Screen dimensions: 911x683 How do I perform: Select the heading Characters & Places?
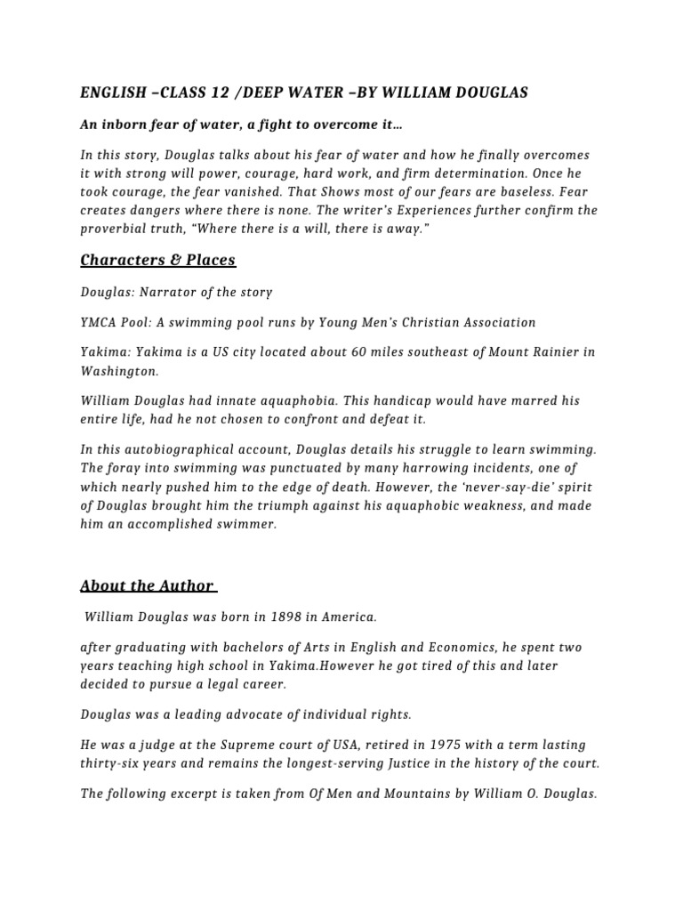coord(157,260)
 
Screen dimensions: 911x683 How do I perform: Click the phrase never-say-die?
coord(510,488)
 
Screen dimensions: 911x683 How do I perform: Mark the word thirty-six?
coord(111,762)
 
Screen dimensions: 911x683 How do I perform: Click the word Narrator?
coord(167,292)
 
